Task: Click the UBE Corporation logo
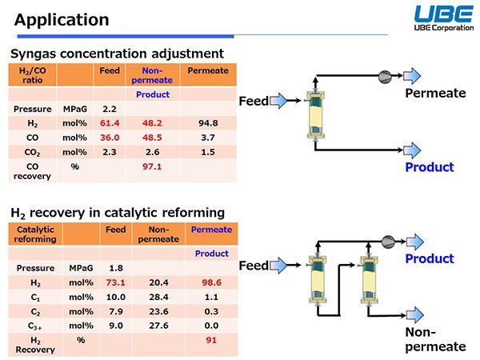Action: tap(444, 18)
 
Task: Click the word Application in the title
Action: tap(62, 20)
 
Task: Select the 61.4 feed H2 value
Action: tap(110, 123)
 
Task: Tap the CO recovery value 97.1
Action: tap(152, 166)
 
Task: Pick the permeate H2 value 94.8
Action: tap(208, 123)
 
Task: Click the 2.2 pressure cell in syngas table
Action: tap(110, 109)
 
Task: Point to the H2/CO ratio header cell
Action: tap(33, 75)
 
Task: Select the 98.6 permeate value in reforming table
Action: tap(211, 282)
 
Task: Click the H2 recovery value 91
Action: tap(211, 340)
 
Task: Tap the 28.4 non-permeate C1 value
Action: tap(158, 297)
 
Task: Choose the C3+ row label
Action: tap(35, 326)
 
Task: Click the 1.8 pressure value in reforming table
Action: tap(116, 268)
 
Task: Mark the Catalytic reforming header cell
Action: tap(35, 234)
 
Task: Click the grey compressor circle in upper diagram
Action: tap(385, 77)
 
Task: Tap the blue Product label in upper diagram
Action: tap(430, 167)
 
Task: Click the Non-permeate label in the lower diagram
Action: tap(435, 339)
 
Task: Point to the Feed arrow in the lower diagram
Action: tap(278, 265)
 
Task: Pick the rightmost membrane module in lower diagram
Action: tap(370, 281)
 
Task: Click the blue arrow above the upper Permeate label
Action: tap(412, 76)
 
